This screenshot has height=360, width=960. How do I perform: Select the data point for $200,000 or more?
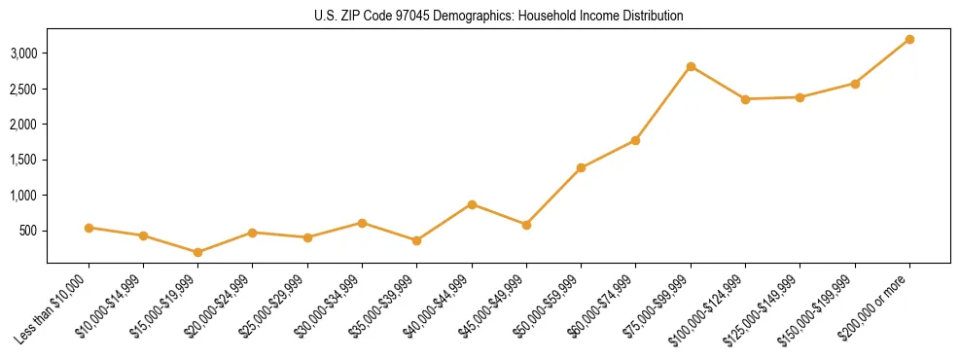pyautogui.click(x=909, y=39)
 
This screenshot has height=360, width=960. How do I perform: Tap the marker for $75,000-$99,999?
pyautogui.click(x=691, y=66)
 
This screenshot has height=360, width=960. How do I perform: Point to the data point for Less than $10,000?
pyautogui.click(x=89, y=228)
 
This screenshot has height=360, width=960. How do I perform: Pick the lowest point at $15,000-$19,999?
pyautogui.click(x=197, y=252)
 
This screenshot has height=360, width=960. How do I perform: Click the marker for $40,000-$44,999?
pyautogui.click(x=472, y=204)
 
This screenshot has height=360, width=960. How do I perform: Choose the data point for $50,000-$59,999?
pyautogui.click(x=581, y=167)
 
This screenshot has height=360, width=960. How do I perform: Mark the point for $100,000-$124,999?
pyautogui.click(x=745, y=99)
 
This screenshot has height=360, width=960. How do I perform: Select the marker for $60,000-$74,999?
pyautogui.click(x=635, y=140)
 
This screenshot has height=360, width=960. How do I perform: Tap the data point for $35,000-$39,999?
pyautogui.click(x=416, y=240)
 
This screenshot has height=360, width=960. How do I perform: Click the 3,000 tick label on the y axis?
pyautogui.click(x=23, y=53)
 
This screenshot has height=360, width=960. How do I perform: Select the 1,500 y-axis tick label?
pyautogui.click(x=23, y=160)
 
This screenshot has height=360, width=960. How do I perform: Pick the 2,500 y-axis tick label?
pyautogui.click(x=23, y=89)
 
